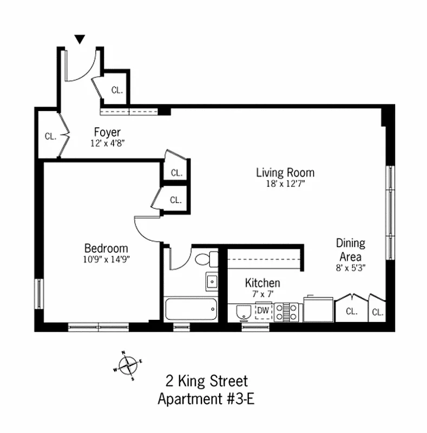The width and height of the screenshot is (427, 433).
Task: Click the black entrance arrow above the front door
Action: pyautogui.click(x=80, y=39)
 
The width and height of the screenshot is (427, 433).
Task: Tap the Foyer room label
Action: pyautogui.click(x=107, y=132)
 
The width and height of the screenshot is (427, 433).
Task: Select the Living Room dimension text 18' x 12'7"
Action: pyautogui.click(x=285, y=183)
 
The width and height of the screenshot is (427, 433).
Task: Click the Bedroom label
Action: pyautogui.click(x=106, y=248)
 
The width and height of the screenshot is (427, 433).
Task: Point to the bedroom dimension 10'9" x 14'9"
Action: pyautogui.click(x=106, y=259)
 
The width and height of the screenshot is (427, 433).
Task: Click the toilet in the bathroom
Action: pyautogui.click(x=206, y=259)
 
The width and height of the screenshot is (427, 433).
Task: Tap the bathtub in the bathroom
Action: pyautogui.click(x=191, y=309)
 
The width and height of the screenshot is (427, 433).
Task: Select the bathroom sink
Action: pyautogui.click(x=212, y=281)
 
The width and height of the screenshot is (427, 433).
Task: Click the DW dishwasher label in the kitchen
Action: pyautogui.click(x=263, y=310)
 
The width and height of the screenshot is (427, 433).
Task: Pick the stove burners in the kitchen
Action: pyautogui.click(x=286, y=312)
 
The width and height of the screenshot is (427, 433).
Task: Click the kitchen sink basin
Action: pyautogui.click(x=244, y=312)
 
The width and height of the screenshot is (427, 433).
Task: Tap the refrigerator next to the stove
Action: pyautogui.click(x=318, y=309)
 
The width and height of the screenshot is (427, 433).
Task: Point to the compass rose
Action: pyautogui.click(x=128, y=365)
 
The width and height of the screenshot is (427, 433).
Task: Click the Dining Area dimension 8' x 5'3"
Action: pyautogui.click(x=351, y=267)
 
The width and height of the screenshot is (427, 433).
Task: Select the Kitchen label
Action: pyautogui.click(x=262, y=283)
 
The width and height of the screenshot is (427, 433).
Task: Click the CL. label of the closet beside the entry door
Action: pyautogui.click(x=117, y=90)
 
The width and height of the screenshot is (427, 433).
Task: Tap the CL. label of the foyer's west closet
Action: pyautogui.click(x=50, y=136)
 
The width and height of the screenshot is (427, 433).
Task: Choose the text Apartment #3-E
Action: pyautogui.click(x=206, y=399)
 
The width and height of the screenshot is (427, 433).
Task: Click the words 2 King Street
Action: pyautogui.click(x=207, y=381)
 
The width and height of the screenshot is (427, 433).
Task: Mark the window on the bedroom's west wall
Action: pyautogui.click(x=39, y=293)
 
